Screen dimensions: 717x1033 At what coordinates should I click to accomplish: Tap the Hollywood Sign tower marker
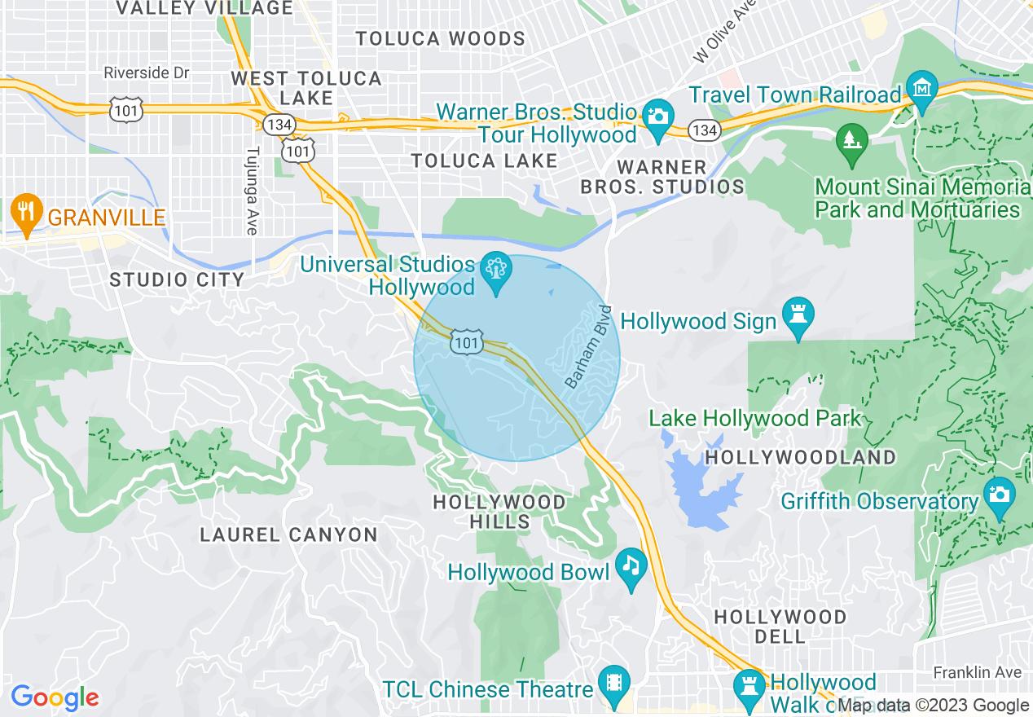point(798,315)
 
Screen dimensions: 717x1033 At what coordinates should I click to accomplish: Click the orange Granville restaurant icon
point(27,213)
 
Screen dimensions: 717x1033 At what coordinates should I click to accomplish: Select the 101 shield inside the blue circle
point(467,343)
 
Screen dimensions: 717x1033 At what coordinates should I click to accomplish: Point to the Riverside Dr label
point(147,73)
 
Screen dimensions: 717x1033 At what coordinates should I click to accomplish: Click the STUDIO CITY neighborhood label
point(177,280)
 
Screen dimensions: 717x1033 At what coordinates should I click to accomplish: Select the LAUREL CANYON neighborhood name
point(289,535)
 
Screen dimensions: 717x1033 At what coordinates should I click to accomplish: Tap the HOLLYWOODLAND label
point(800,457)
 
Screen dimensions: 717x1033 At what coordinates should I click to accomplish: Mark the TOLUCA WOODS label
point(441,39)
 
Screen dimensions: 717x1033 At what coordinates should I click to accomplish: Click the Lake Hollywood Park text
point(754,419)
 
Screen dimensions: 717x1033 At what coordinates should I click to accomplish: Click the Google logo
point(55,697)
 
